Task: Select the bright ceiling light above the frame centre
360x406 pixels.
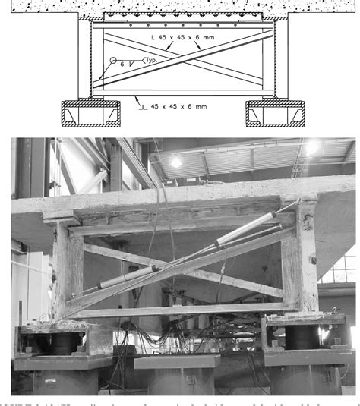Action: pyautogui.click(x=175, y=162)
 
